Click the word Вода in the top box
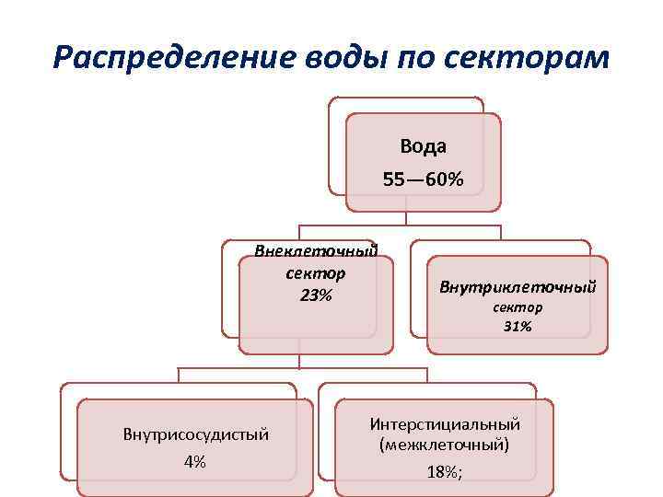[x=424, y=146]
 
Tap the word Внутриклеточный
[x=518, y=287]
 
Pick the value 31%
[x=518, y=326]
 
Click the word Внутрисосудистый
[x=195, y=434]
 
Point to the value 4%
[x=195, y=462]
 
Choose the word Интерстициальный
[x=445, y=424]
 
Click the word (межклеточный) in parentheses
[x=445, y=445]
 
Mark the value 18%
[x=442, y=472]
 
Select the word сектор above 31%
[x=518, y=307]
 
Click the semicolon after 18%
[x=460, y=473]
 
